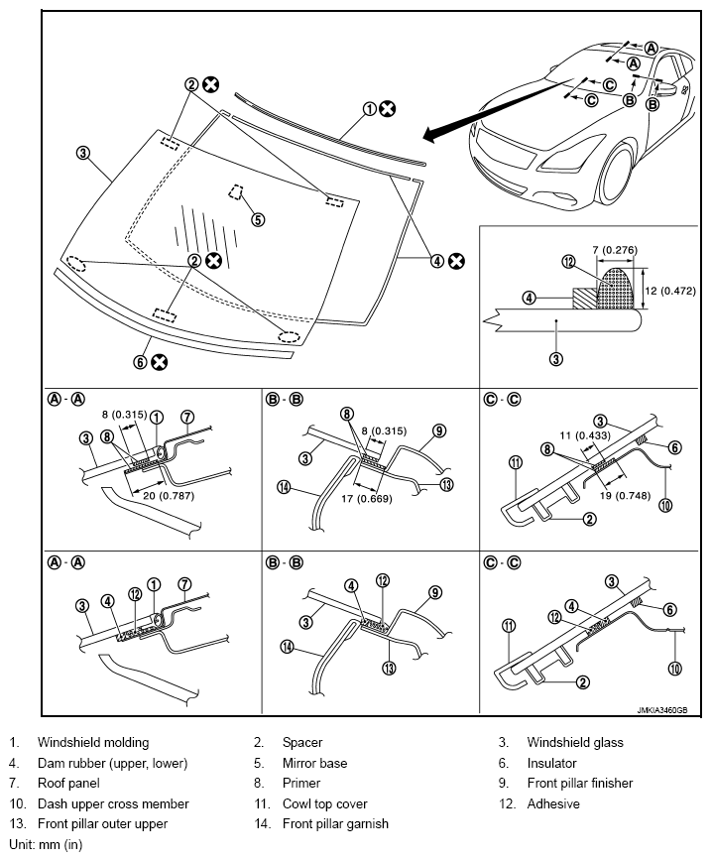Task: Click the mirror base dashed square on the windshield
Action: [236, 191]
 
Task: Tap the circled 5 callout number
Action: [258, 219]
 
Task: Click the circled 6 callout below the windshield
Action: [141, 362]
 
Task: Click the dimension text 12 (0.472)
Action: [670, 291]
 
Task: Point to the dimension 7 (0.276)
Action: [615, 250]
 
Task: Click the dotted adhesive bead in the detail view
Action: [616, 288]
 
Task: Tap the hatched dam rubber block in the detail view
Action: [584, 299]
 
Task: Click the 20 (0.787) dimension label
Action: [170, 496]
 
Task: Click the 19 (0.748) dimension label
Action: [625, 496]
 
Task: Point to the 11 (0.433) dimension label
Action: [585, 435]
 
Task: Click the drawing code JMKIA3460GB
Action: [662, 710]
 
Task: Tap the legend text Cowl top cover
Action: [324, 803]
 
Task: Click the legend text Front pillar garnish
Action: [335, 824]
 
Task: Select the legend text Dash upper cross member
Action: [113, 803]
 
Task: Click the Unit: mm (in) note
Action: [46, 844]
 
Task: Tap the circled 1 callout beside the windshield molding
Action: [370, 109]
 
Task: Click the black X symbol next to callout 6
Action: [160, 362]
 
